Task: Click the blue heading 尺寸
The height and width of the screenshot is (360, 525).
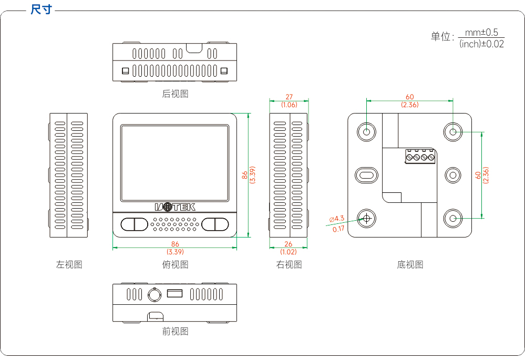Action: click(42, 9)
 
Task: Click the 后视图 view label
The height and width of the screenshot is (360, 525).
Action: click(175, 94)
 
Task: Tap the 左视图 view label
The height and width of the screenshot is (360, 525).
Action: click(69, 264)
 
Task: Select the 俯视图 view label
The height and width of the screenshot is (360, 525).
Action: click(175, 264)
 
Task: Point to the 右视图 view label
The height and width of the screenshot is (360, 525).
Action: click(289, 264)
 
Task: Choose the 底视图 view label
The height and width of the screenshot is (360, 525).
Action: click(410, 264)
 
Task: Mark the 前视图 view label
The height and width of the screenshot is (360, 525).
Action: click(175, 331)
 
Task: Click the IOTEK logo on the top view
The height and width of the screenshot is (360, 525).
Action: click(175, 207)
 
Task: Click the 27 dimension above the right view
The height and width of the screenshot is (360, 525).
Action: click(289, 97)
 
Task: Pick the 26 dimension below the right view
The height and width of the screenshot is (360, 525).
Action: click(289, 244)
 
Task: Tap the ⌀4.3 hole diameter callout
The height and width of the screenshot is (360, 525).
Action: click(336, 219)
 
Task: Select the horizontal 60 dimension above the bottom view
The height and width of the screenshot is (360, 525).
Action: click(410, 97)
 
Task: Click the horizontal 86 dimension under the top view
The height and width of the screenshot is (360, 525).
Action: click(175, 244)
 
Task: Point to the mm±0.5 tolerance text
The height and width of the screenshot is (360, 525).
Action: click(481, 33)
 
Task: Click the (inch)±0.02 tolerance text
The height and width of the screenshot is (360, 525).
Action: click(481, 44)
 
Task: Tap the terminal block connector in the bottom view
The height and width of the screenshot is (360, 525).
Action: click(420, 157)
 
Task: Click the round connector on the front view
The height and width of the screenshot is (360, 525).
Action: click(155, 295)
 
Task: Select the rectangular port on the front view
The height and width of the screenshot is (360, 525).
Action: click(175, 293)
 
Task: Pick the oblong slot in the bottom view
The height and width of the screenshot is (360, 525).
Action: click(367, 175)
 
